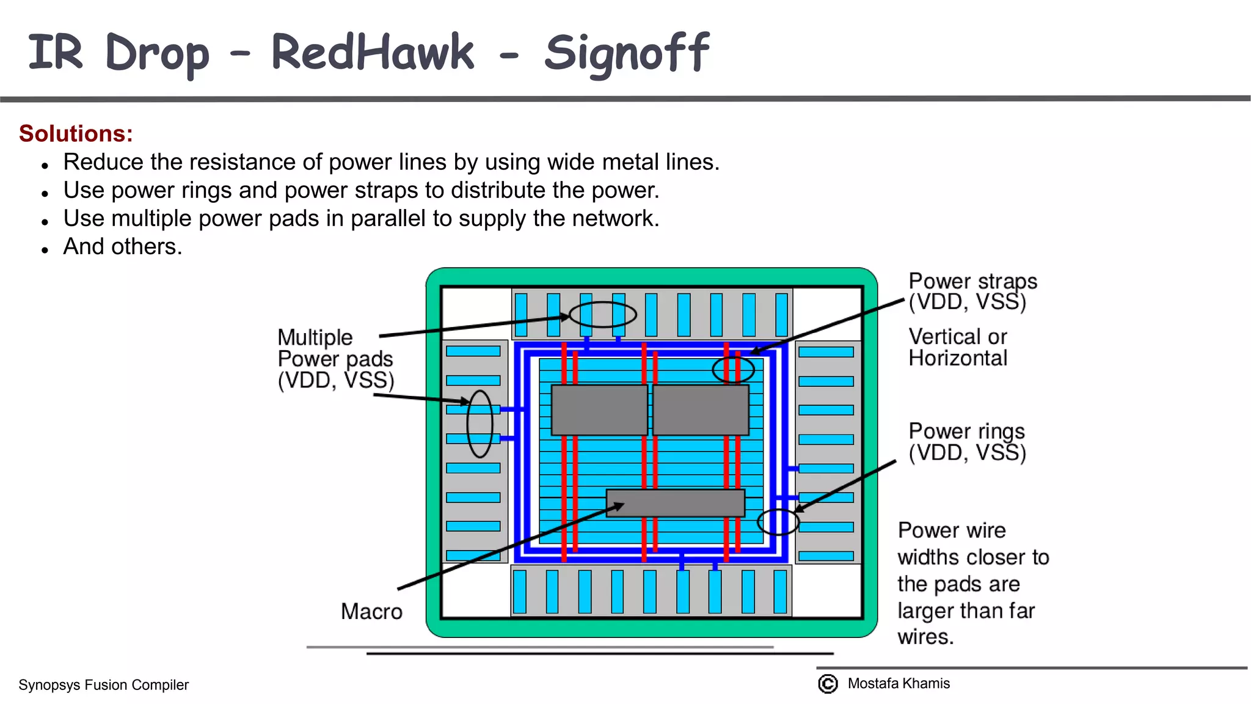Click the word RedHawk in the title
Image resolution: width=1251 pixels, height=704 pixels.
click(372, 53)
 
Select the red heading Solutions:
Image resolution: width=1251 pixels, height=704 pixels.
click(76, 133)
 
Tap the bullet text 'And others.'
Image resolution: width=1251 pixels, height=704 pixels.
click(123, 246)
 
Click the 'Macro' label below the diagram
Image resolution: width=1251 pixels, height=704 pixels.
click(371, 611)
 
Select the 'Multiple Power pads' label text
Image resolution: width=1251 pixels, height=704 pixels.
click(335, 358)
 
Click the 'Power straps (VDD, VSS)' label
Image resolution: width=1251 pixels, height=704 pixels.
click(972, 291)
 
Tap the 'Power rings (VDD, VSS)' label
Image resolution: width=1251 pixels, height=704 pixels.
click(967, 441)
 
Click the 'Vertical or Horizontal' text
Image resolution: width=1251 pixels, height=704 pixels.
click(958, 347)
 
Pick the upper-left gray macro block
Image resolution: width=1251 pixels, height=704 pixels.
click(599, 409)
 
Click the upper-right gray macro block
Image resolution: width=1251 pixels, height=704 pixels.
click(701, 409)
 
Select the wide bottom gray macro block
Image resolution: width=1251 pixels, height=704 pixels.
click(675, 503)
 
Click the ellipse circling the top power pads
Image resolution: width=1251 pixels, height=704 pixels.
click(602, 315)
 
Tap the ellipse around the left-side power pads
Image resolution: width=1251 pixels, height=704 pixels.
click(480, 424)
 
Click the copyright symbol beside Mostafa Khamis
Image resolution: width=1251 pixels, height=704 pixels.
click(828, 683)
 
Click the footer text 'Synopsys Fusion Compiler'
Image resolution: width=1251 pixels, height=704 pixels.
click(103, 684)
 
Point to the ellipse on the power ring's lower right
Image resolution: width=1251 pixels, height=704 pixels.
click(778, 521)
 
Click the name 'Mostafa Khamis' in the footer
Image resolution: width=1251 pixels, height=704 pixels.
click(899, 683)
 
